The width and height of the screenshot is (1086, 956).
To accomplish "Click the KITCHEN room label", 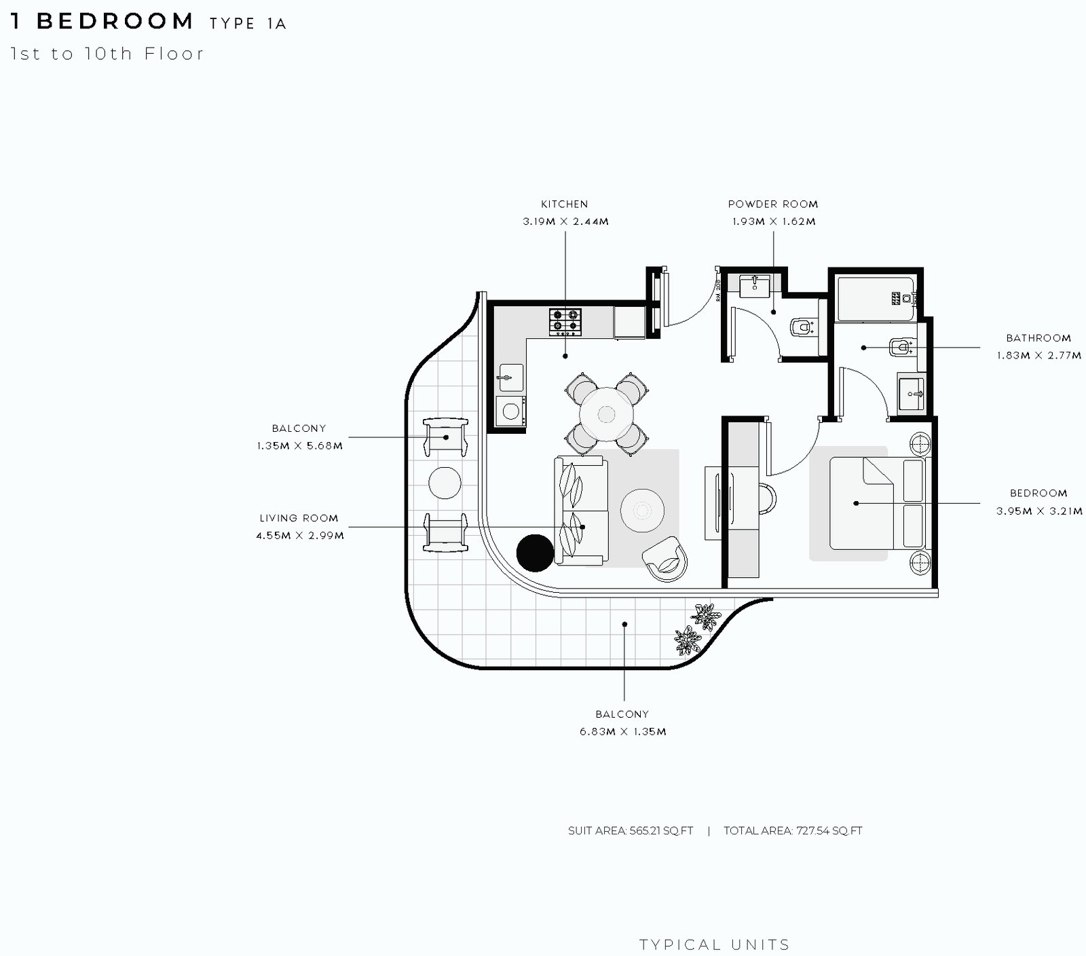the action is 565,204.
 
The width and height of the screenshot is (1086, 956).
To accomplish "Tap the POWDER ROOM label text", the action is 773,204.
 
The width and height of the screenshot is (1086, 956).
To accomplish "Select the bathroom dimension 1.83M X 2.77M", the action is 1039,355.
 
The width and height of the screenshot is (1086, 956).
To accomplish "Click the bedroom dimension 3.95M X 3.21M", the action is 1039,511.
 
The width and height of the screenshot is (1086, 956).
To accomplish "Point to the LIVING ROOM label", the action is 299,518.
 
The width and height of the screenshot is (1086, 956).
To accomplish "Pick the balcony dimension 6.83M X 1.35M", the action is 623,731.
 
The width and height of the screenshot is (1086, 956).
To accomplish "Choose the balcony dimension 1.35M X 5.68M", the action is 299,446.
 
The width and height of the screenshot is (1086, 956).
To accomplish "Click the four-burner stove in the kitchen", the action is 565,322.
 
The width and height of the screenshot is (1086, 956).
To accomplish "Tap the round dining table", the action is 606,414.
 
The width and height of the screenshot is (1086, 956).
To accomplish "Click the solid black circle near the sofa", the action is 536,553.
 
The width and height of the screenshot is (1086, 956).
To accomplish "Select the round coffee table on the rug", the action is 641,511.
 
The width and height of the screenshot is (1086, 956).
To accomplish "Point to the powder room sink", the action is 753,286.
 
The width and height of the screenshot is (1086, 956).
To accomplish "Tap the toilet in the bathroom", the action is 901,347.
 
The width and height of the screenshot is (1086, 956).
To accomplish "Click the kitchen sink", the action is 510,378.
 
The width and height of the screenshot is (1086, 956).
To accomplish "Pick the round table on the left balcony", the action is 445,483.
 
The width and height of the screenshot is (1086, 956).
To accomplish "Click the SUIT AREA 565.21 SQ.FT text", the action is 631,830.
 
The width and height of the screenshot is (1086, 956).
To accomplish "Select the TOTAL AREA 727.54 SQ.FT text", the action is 793,830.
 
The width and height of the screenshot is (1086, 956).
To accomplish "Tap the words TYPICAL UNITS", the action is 715,944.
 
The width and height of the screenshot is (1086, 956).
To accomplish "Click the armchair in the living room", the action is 666,559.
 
